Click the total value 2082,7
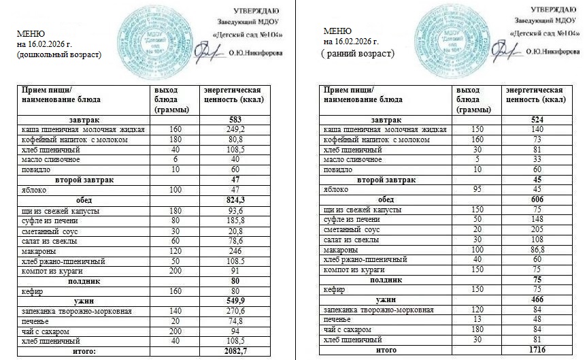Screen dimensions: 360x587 [234, 350]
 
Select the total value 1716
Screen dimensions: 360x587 [537, 349]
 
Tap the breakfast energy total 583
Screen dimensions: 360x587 [234, 120]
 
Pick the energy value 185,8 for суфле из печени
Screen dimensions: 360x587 [234, 221]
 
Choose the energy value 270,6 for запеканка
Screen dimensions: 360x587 [234, 312]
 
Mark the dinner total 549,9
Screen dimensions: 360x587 [234, 301]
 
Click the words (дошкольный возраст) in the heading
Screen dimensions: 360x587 [59, 54]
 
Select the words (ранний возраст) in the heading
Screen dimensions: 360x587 [358, 53]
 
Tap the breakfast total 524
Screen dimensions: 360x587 [537, 120]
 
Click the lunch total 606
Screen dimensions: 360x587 [537, 199]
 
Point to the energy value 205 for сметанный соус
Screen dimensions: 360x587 [537, 229]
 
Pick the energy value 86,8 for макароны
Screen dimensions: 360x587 [537, 250]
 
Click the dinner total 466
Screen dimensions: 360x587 [537, 299]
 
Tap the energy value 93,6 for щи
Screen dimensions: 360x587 [234, 211]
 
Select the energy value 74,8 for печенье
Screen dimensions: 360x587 [234, 321]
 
